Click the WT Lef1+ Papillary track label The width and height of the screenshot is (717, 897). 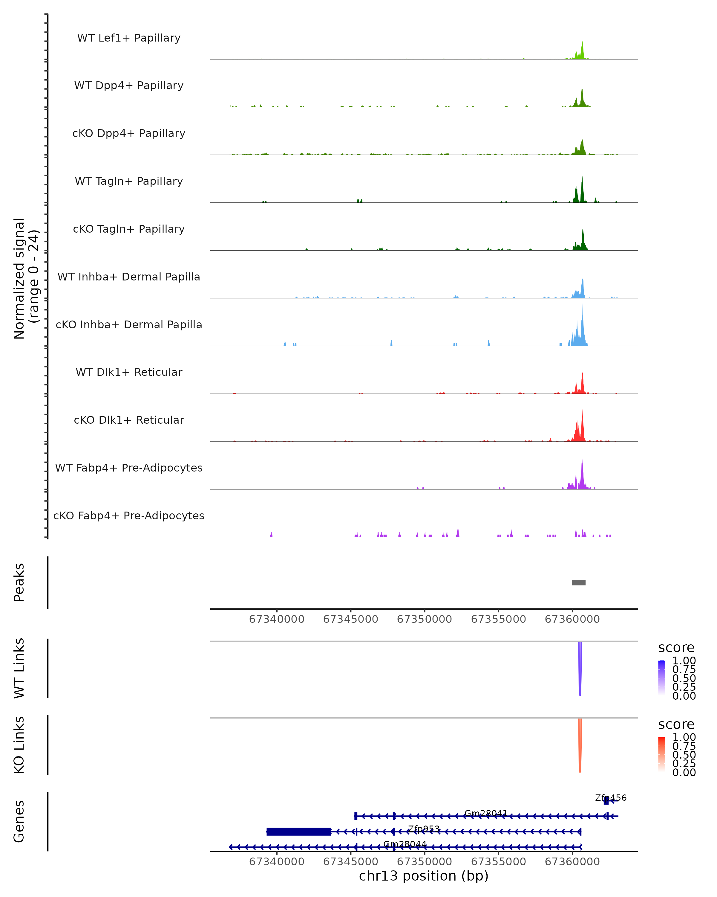point(129,38)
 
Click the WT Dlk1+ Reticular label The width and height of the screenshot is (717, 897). point(129,372)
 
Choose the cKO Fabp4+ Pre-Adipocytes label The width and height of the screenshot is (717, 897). point(129,515)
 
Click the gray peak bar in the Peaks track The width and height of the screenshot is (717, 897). point(579,582)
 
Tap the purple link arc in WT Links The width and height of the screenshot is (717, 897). point(580,670)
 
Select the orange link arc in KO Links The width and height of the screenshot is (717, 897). point(580,747)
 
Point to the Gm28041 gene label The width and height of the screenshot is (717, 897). point(485,813)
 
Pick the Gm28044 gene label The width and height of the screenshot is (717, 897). point(405,844)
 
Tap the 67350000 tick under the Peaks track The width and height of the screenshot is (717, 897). point(425,619)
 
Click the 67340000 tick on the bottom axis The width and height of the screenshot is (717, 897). point(276,862)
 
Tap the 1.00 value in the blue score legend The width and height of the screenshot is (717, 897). point(684,661)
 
